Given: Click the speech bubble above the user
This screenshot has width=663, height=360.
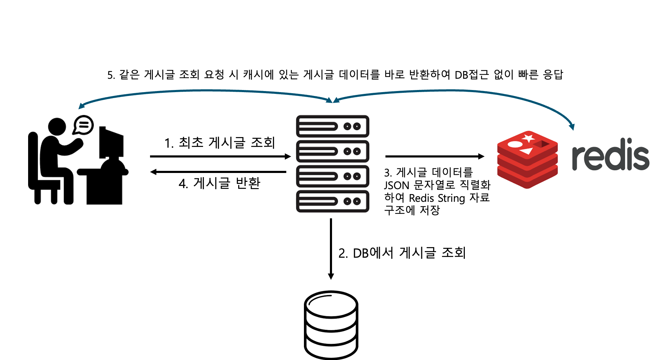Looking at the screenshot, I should pos(84,124).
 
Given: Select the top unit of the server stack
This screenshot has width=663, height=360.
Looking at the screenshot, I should pos(332,126).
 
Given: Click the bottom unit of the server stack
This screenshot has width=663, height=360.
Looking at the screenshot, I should pos(332,201).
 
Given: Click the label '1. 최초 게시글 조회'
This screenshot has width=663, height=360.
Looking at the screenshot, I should pos(220,142).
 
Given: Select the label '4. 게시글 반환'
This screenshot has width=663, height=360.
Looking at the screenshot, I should pos(220,183).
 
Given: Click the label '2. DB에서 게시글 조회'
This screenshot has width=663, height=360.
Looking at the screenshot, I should pos(402,253).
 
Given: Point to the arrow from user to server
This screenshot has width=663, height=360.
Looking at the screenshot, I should pos(220,156).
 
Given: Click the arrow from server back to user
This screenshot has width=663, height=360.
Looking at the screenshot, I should pos(218,172).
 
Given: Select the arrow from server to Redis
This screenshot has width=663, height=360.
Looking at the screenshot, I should pos(435,156).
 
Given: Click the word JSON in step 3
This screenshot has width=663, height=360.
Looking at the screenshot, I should pos(396,185).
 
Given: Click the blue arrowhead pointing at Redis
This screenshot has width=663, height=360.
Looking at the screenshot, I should pos(572,126).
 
